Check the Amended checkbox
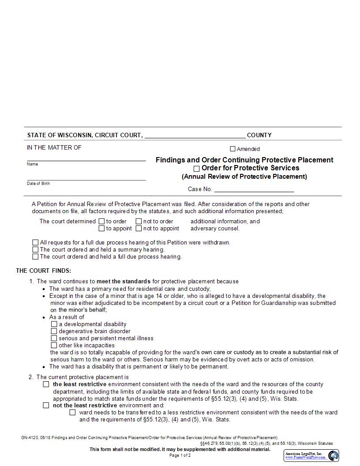pos(232,149)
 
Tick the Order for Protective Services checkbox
pos(197,169)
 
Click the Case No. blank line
pos(254,189)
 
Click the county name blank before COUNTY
pos(195,135)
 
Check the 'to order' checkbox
pos(101,222)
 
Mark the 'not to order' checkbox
pos(139,222)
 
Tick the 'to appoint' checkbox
pos(101,229)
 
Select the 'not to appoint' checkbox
pos(139,229)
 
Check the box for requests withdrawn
pos(35,243)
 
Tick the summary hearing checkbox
pos(35,250)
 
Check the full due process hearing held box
pos(35,257)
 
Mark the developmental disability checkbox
pos(54,324)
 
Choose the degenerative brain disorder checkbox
pos(54,331)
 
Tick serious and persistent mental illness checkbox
pos(54,338)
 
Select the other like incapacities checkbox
pos(54,346)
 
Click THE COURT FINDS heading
pos(43,271)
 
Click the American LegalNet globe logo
pos(333,455)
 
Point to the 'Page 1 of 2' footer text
pos(180,455)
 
